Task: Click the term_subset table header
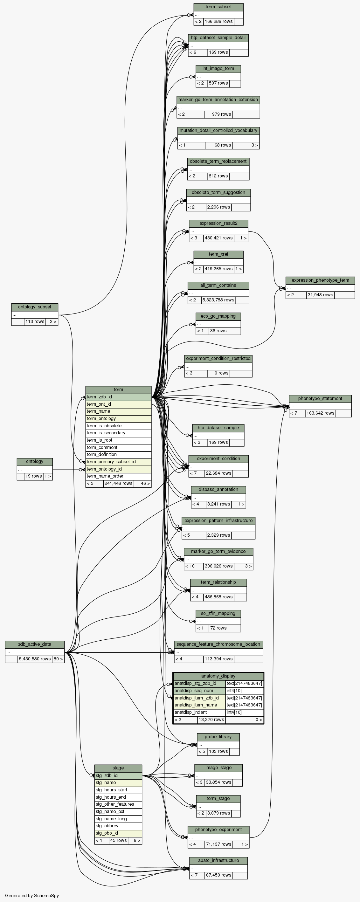(x=218, y=7)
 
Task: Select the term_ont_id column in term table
(x=118, y=404)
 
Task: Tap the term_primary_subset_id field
(x=118, y=462)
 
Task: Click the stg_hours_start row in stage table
(x=118, y=789)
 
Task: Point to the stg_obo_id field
(x=118, y=833)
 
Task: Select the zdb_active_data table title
(x=35, y=644)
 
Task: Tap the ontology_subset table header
(x=35, y=307)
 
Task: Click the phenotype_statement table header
(x=320, y=398)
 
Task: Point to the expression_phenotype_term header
(x=320, y=280)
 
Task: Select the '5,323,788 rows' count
(x=218, y=300)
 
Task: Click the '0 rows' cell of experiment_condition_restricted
(x=218, y=373)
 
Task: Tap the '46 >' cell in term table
(x=142, y=483)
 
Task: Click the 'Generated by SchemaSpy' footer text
(x=32, y=895)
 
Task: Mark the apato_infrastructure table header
(x=218, y=860)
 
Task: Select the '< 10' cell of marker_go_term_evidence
(x=194, y=566)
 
